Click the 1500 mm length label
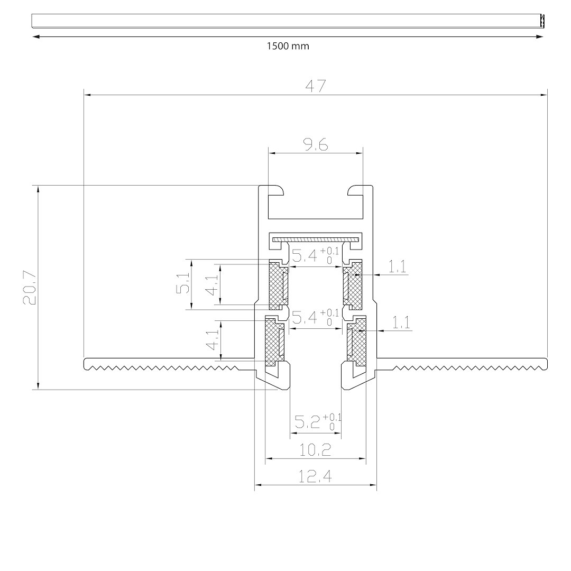[288, 46]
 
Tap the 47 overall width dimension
[315, 86]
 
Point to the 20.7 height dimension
[29, 287]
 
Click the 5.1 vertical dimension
[183, 283]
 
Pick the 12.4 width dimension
[315, 476]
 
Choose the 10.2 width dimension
[315, 450]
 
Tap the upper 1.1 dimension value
[397, 266]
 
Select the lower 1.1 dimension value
[401, 323]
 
